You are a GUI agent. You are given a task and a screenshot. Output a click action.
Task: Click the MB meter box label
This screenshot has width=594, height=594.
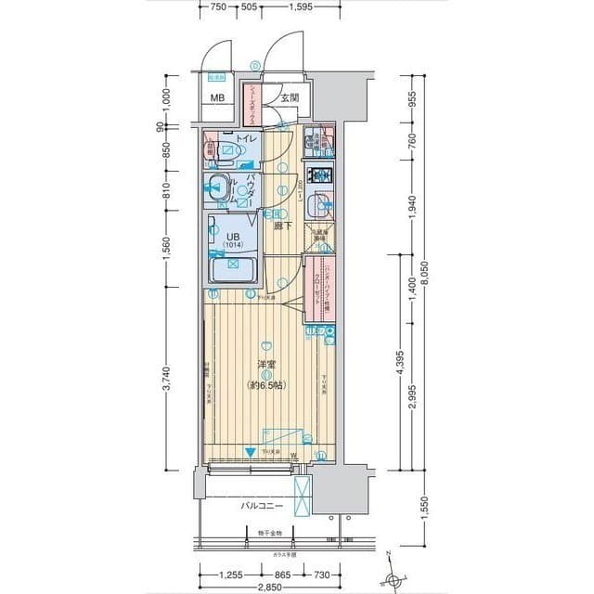point(216,98)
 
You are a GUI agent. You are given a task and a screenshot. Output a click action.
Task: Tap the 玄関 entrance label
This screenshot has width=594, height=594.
point(290,97)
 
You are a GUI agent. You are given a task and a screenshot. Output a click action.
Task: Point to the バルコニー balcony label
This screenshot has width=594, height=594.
point(261,506)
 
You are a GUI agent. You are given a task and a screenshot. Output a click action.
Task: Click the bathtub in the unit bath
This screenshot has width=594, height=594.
point(233,272)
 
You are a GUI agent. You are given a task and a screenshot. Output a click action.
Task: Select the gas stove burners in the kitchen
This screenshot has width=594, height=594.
point(321,174)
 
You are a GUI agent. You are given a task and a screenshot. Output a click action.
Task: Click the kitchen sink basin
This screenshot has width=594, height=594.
point(320,205)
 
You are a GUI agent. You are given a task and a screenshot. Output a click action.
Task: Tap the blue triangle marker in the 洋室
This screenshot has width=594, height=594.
point(250,453)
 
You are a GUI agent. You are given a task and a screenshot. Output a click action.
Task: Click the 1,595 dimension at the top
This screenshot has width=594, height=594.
point(300,8)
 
